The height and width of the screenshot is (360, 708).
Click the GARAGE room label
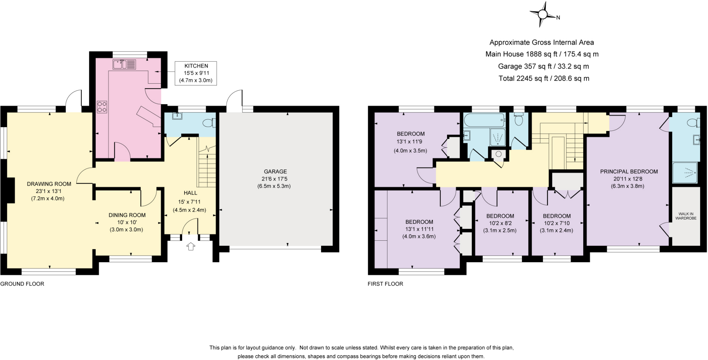275,172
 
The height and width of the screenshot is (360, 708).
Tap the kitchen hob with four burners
102,106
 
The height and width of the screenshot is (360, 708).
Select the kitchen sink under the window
124,65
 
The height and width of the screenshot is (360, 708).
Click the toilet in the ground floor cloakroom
209,123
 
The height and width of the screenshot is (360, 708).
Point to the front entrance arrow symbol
191,246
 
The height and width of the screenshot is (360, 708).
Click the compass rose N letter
558,18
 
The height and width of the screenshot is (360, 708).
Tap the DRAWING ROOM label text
49,184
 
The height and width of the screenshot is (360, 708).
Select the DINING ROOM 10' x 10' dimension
127,222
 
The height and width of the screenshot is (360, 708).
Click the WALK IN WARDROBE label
686,216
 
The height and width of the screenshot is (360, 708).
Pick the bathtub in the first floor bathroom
484,120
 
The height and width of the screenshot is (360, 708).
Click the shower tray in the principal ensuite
684,173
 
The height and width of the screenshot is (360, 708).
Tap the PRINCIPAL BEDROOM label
629,172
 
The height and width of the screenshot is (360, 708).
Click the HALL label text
190,193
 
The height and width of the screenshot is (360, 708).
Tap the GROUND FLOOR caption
22,284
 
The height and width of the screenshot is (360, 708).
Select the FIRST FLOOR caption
385,284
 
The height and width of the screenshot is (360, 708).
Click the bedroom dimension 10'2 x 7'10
557,223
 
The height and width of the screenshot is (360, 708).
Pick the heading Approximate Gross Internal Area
541,43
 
